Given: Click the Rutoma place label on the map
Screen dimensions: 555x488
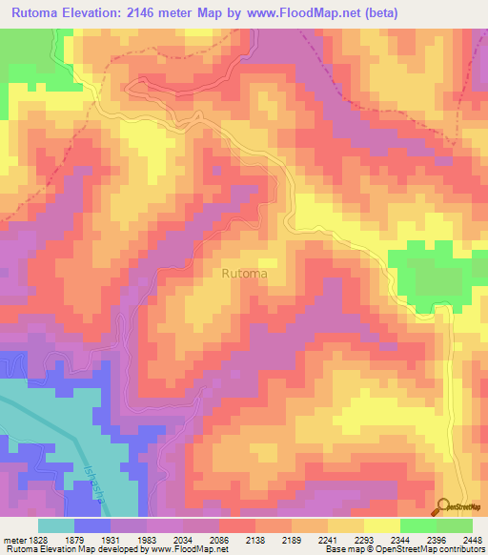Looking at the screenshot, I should click(x=244, y=274).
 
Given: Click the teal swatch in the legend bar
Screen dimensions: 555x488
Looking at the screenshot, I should click(x=56, y=524).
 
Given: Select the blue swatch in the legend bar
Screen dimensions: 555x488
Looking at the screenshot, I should click(x=92, y=524).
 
